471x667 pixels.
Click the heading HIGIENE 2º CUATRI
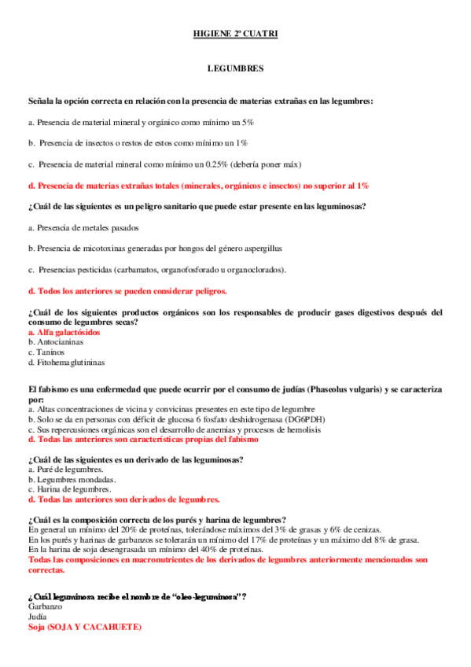235,35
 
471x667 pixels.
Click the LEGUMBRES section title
235,69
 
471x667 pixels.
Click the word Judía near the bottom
37,617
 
